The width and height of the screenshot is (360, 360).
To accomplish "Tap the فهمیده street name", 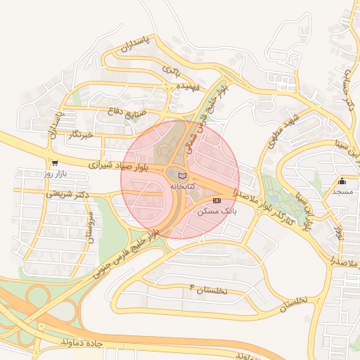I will click(189, 86).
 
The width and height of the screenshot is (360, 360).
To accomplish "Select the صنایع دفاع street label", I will click(128, 112).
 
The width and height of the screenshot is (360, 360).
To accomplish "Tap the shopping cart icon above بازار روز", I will click(55, 162).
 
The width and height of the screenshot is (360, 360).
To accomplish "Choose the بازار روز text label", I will click(54, 173).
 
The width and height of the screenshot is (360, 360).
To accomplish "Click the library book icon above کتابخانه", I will click(183, 175).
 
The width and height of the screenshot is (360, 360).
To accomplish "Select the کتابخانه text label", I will click(182, 186).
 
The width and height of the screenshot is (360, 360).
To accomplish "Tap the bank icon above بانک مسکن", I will click(226, 200).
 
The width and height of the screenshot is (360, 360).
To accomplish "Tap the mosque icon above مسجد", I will click(342, 180).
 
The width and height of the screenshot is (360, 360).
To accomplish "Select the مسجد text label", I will click(342, 191).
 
